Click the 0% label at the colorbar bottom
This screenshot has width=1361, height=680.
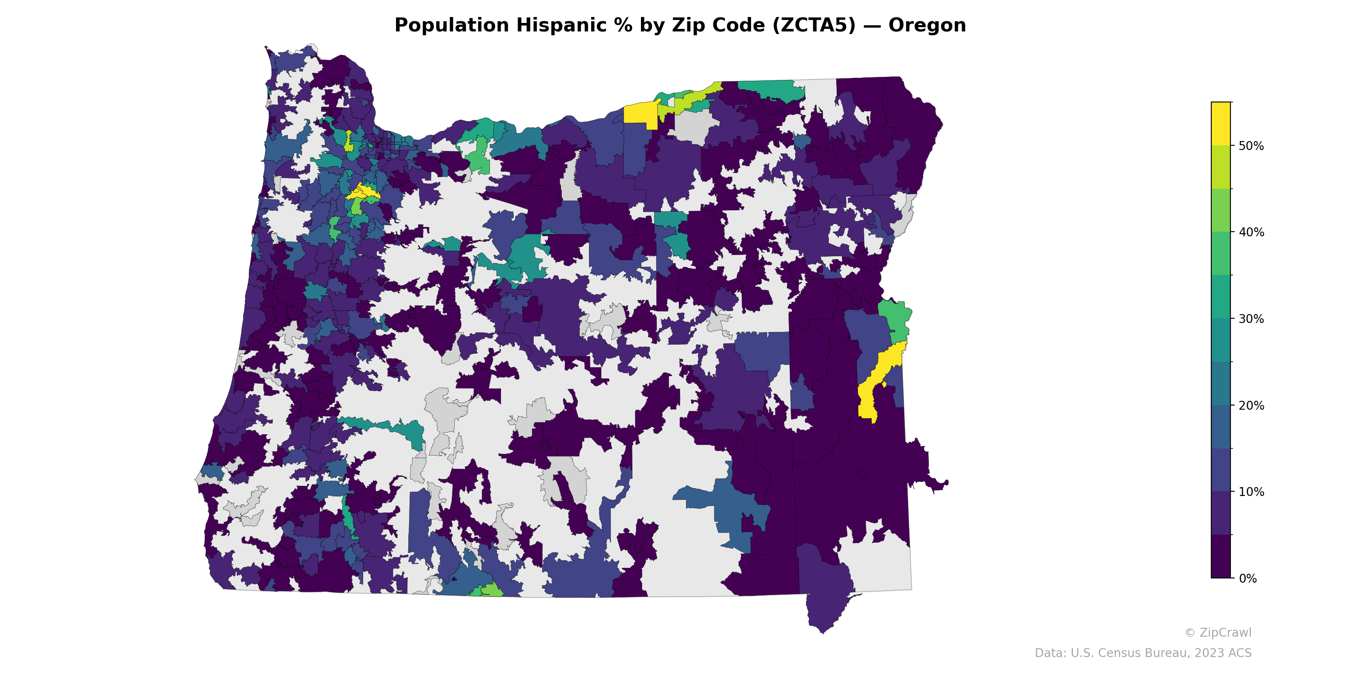pyautogui.click(x=1247, y=578)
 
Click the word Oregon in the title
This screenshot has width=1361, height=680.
pyautogui.click(x=927, y=25)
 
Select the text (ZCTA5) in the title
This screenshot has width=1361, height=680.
pyautogui.click(x=814, y=25)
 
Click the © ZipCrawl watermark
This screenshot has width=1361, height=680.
pyautogui.click(x=1218, y=632)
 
